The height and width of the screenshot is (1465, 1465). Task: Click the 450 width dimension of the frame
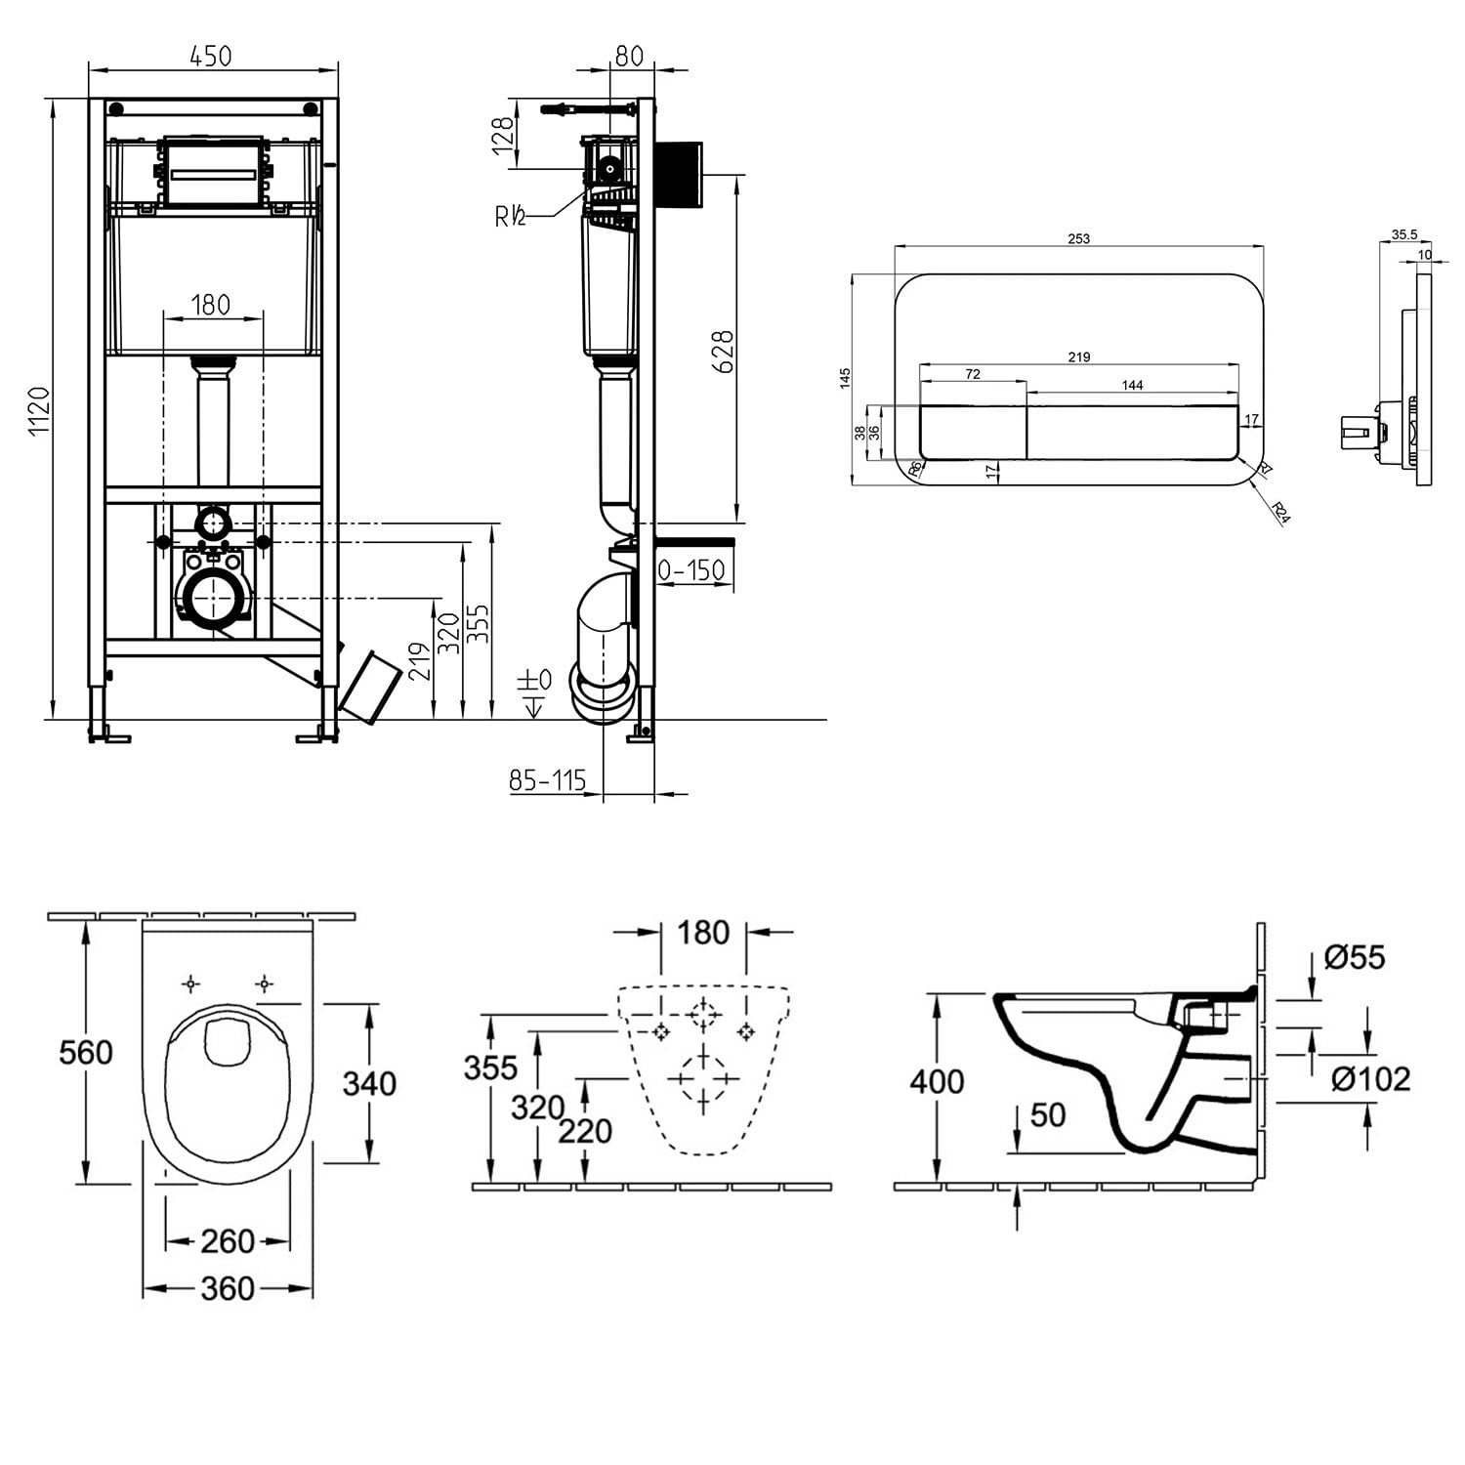(x=211, y=56)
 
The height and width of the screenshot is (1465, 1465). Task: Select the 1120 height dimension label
(x=38, y=410)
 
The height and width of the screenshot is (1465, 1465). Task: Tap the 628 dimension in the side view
(x=722, y=352)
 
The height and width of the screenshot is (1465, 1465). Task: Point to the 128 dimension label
(x=502, y=137)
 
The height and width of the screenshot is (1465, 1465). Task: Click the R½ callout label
(x=510, y=216)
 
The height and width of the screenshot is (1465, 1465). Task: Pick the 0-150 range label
(x=691, y=569)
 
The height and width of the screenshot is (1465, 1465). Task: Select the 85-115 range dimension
(x=547, y=779)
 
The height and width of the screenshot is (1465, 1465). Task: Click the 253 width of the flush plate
(x=1078, y=238)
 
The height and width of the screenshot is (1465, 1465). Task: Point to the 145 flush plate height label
(x=846, y=378)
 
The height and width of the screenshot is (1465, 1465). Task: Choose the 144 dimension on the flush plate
(x=1132, y=385)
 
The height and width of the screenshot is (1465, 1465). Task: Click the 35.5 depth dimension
(x=1404, y=234)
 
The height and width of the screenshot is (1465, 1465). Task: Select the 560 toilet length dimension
(x=86, y=1052)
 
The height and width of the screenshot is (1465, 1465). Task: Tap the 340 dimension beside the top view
(x=369, y=1083)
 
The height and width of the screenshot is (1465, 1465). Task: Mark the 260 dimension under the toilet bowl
(x=228, y=1241)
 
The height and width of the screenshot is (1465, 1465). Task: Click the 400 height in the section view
(x=937, y=1081)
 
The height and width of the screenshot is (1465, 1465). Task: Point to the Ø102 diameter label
(x=1371, y=1079)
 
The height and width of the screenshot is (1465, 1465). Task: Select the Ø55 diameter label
(x=1355, y=957)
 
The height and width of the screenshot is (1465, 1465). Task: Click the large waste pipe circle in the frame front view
(x=213, y=598)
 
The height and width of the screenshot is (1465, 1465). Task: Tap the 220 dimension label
(x=585, y=1131)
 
